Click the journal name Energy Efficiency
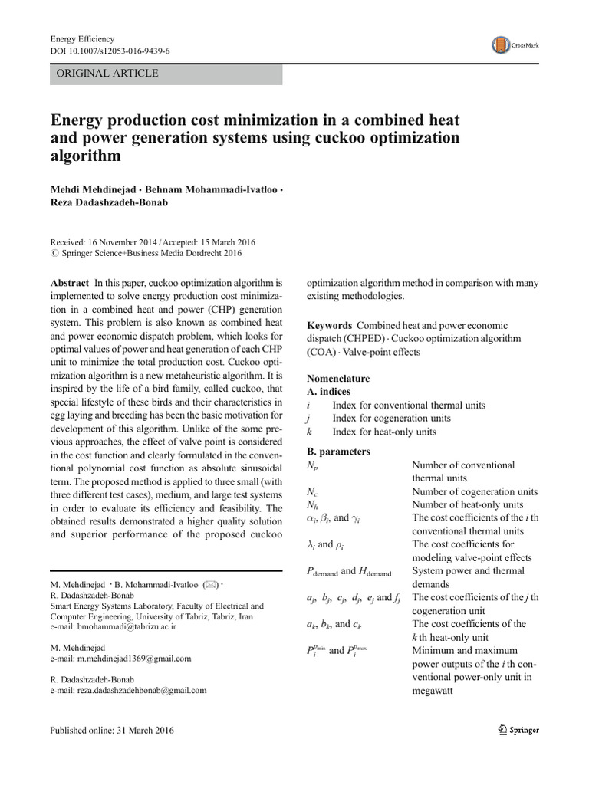pyautogui.click(x=82, y=39)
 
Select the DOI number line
pyautogui.click(x=110, y=51)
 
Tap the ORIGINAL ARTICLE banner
pyautogui.click(x=166, y=74)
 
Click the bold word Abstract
pyautogui.click(x=69, y=283)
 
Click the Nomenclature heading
pyautogui.click(x=338, y=379)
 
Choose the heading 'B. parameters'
pyautogui.click(x=339, y=452)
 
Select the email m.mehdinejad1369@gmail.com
pyautogui.click(x=120, y=658)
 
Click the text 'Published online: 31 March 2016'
pyautogui.click(x=112, y=731)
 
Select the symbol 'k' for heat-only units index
pyautogui.click(x=308, y=432)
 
